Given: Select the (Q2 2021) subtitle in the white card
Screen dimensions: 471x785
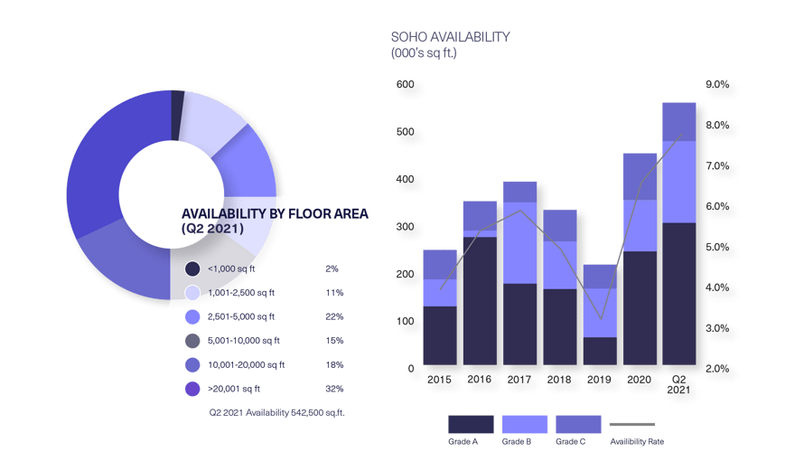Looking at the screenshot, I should point(213,230).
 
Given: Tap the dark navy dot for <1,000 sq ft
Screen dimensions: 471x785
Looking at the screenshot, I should point(192,269).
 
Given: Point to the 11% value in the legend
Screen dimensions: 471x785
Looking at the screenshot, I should point(333,293).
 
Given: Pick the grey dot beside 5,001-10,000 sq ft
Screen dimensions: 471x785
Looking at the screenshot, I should point(192,342).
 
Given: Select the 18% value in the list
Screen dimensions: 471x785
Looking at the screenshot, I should point(333,365).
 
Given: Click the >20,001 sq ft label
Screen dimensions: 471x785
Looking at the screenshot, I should point(234,390).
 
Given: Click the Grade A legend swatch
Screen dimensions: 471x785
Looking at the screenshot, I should point(471,424).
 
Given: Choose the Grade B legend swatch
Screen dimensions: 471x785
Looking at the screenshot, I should point(525,424).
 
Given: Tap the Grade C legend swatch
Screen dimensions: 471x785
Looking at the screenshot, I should point(578,424).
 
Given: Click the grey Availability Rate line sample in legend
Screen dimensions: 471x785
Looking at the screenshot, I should point(632,424).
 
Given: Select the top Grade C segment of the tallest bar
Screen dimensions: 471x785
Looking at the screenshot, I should point(679,121).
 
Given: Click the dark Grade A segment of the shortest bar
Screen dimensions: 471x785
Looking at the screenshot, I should point(600,351).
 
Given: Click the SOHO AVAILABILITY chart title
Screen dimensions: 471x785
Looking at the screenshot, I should point(450,38).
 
